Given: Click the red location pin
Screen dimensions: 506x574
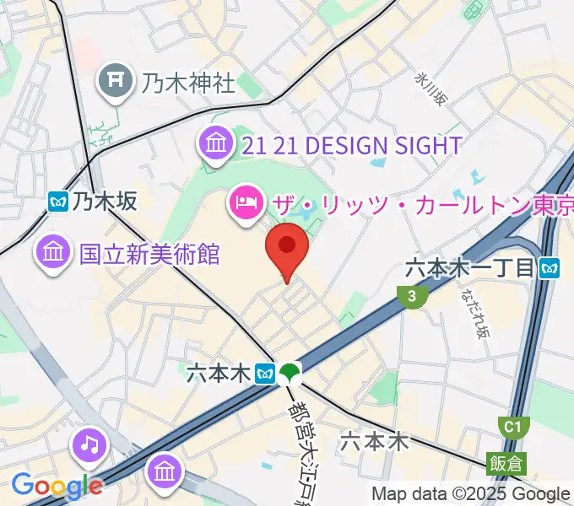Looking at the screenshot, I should tap(287, 247).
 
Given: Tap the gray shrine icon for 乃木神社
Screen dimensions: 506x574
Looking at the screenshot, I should tap(113, 81).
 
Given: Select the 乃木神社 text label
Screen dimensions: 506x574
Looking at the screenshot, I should tap(188, 83).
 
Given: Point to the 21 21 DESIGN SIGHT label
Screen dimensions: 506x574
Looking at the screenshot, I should tap(351, 145).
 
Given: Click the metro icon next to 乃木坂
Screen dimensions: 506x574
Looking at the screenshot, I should tap(59, 201).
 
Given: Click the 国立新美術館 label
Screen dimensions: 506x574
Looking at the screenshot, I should tap(149, 253).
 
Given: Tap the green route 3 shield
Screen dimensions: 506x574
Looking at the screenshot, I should tap(410, 296).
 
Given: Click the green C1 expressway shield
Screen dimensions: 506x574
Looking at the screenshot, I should tap(512, 427).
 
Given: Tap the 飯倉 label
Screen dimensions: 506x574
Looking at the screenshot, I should tap(505, 463).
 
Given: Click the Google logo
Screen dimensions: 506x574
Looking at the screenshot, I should tap(57, 485).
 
